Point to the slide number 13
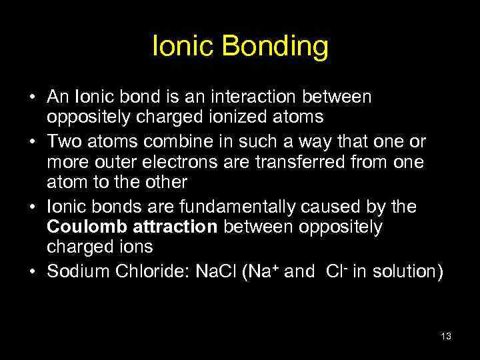point(446,337)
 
